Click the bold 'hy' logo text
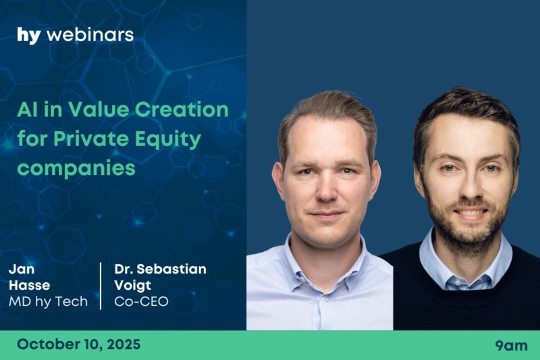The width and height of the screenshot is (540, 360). point(29,36)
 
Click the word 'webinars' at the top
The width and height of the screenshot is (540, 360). point(90,35)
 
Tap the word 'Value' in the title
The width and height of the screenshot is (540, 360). point(99,109)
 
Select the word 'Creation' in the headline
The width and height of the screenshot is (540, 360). point(182,109)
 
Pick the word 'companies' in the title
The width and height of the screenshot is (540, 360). point(76,169)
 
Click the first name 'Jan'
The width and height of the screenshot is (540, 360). point(22,269)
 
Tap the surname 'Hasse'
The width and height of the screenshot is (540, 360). point(30,285)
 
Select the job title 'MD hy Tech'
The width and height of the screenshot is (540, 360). point(48,302)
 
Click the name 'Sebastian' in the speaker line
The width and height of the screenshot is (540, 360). point(171,269)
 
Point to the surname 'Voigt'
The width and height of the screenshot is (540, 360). point(132,286)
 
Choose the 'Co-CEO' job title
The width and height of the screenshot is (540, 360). point(142,302)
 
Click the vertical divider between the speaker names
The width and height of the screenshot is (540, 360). point(101,286)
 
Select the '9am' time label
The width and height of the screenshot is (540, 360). point(512,346)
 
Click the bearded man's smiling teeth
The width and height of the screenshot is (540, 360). point(470,213)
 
